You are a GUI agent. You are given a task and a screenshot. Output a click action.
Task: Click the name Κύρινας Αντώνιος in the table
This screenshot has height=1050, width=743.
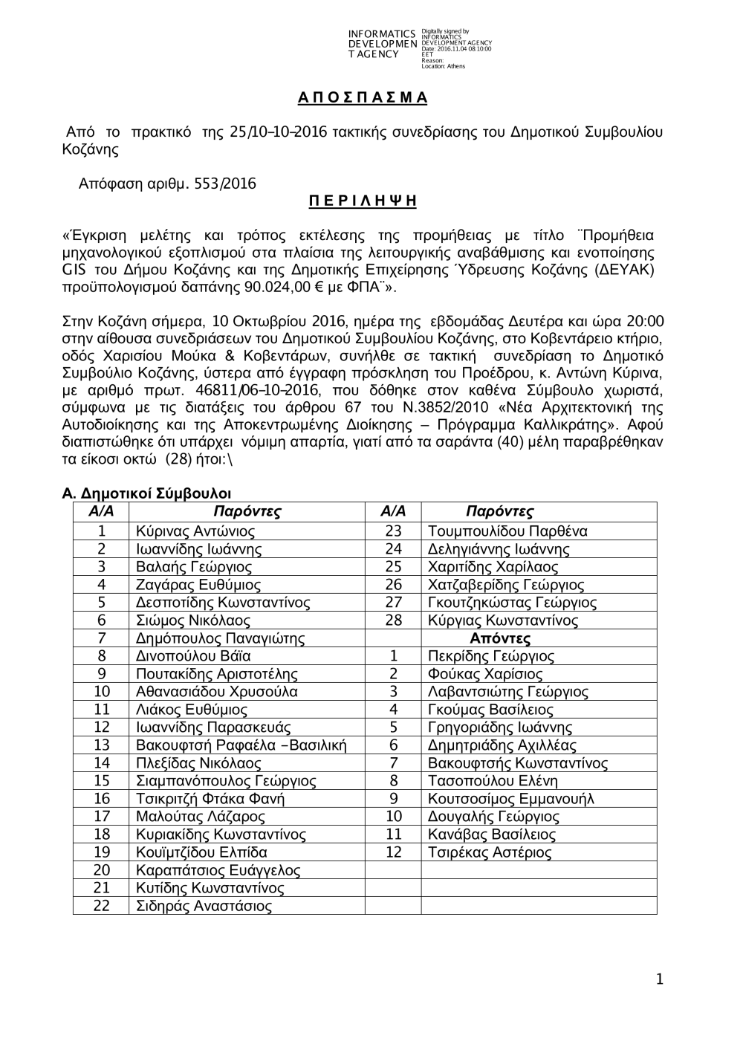click(x=195, y=531)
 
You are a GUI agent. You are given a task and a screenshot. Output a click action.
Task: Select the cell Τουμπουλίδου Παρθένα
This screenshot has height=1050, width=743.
click(x=507, y=531)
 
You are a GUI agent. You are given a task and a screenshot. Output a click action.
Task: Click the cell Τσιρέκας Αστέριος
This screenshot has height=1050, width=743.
click(x=490, y=852)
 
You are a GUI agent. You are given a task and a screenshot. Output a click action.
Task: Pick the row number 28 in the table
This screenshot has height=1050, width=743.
click(x=393, y=620)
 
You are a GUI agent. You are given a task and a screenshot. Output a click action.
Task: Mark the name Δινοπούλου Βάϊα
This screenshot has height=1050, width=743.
click(x=193, y=656)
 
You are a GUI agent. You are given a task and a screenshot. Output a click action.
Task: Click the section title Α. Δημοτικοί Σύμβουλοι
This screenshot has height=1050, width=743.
click(x=147, y=494)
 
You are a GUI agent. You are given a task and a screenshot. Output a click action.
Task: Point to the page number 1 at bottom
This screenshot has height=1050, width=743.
click(x=658, y=980)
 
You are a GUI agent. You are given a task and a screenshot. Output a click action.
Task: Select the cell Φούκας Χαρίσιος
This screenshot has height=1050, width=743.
click(x=485, y=674)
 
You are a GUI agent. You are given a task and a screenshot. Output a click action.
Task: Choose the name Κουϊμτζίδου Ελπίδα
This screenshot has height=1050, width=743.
click(x=201, y=852)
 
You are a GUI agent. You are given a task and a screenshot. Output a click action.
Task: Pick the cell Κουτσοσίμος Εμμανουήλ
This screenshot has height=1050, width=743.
click(x=511, y=799)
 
